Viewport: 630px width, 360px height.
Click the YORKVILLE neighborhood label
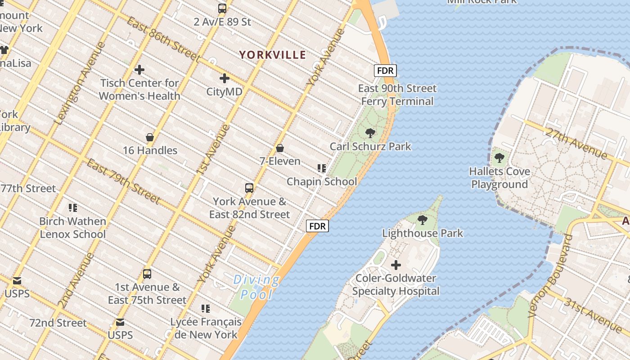[272, 55]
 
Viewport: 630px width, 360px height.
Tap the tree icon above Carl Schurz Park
[370, 133]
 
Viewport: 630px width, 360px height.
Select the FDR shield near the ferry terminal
[385, 71]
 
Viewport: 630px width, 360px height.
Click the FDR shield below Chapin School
[318, 226]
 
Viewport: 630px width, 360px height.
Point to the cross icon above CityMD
[224, 78]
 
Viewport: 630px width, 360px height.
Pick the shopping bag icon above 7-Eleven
[280, 148]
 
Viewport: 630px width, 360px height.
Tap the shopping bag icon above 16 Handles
[150, 137]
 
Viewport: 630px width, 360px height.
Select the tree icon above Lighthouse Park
[422, 220]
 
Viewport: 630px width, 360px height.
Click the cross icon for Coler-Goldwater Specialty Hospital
[396, 265]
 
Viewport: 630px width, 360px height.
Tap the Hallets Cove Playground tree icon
[499, 158]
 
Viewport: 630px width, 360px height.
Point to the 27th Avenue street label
[576, 142]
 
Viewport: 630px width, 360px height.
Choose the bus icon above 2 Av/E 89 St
[222, 8]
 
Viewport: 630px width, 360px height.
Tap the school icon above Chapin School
[321, 168]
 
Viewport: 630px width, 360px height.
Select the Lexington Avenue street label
[79, 83]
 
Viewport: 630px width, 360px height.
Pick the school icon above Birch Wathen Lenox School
[72, 207]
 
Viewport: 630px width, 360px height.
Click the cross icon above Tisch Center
[139, 70]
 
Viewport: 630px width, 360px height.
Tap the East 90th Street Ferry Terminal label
[397, 94]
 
